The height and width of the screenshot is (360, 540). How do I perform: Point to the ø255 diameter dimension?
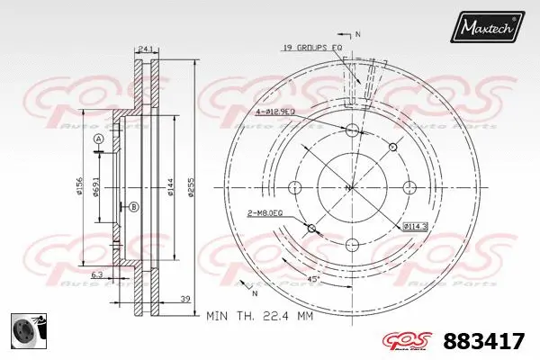[192, 187]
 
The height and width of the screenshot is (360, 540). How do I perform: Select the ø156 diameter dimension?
[81, 187]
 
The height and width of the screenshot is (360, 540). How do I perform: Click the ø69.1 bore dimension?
[96, 187]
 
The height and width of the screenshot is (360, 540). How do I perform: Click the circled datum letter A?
[98, 139]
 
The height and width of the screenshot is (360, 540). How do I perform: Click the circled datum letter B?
[134, 208]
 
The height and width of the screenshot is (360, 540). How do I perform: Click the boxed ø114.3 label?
[415, 225]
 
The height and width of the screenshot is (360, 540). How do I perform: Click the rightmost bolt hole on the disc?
[409, 187]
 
